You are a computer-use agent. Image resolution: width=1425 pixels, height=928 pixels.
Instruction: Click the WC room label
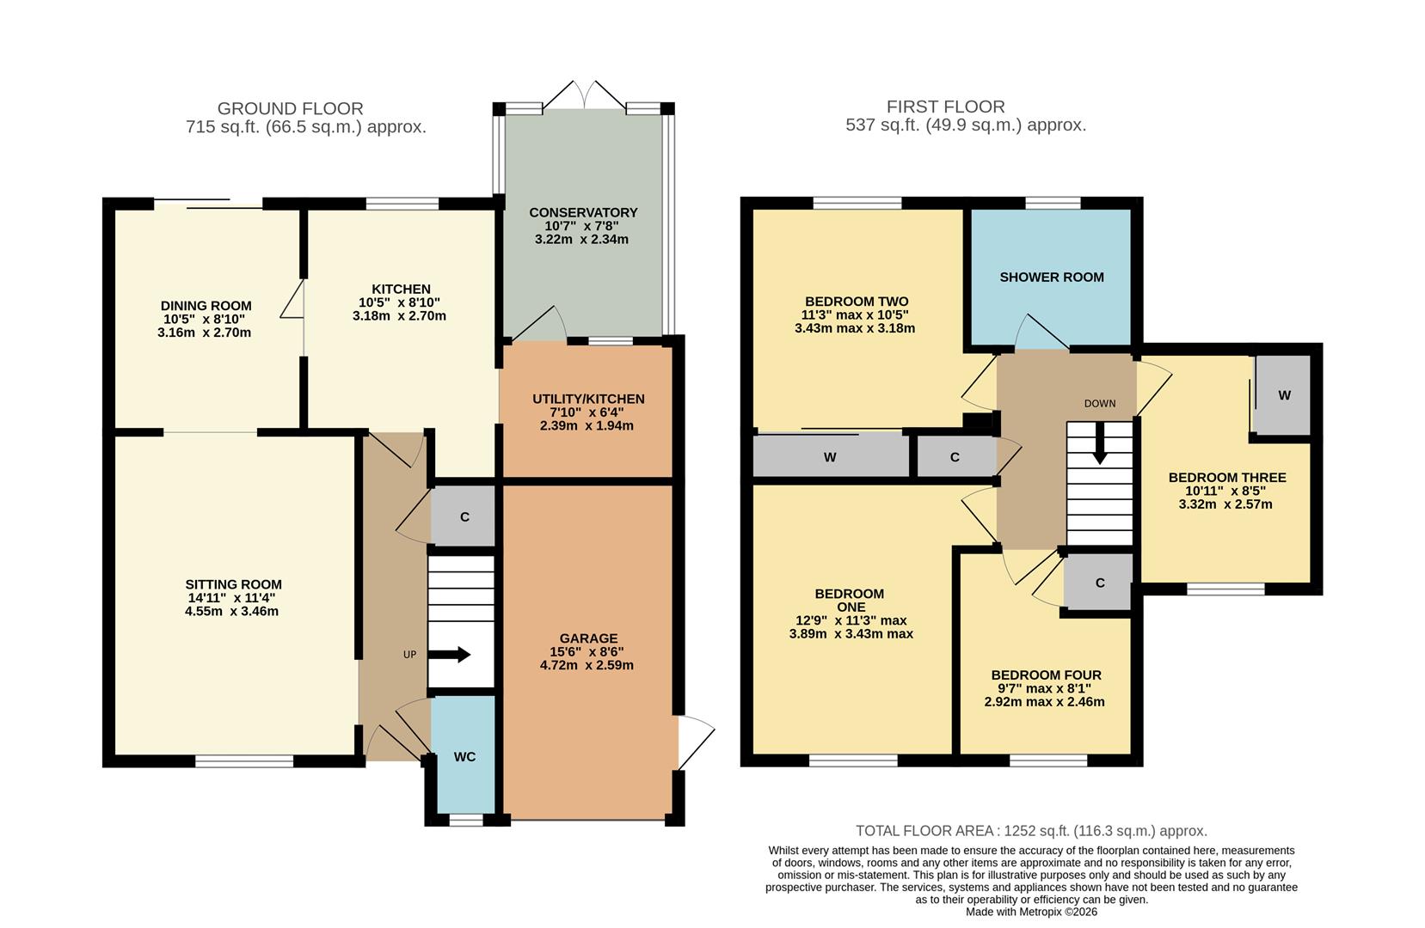(464, 757)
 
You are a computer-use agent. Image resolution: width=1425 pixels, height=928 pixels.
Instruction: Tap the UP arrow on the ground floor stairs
(451, 655)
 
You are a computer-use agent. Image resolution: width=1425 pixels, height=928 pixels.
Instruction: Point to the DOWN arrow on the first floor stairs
(1100, 448)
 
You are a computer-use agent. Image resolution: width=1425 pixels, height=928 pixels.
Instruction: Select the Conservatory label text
(583, 212)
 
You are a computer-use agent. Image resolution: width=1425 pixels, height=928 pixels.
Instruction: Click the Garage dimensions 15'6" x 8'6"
(588, 651)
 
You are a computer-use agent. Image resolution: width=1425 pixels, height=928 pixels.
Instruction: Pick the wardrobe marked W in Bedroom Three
(1283, 395)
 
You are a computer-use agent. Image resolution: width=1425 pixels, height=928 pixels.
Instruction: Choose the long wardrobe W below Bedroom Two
(830, 457)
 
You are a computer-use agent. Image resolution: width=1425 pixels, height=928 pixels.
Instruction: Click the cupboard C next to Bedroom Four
(1099, 583)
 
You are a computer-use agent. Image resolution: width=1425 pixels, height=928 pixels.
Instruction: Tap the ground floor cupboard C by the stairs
(464, 516)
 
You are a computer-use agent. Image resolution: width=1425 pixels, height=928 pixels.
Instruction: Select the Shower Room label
(1051, 277)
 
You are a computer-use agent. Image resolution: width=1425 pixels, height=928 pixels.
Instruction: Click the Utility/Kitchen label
(588, 399)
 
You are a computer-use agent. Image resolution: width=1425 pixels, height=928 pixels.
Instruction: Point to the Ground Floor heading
(290, 108)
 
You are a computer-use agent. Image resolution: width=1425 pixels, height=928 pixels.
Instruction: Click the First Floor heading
(945, 107)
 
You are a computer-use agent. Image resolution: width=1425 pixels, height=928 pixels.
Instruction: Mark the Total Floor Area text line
(1031, 831)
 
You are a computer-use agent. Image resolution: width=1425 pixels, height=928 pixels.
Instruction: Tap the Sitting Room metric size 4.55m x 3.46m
(231, 612)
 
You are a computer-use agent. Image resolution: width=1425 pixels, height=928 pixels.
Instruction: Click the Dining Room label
(206, 305)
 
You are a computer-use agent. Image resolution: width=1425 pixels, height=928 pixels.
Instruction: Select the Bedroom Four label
(1046, 675)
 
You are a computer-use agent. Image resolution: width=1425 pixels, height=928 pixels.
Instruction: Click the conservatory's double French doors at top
(585, 95)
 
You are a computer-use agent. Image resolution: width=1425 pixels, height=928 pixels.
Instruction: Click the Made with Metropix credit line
(1031, 912)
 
